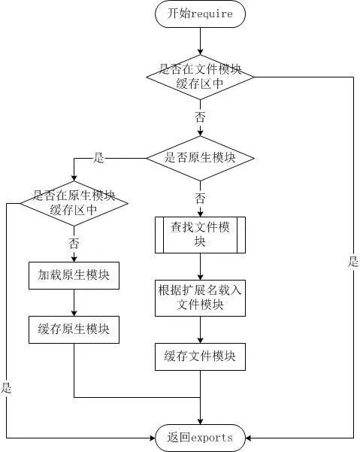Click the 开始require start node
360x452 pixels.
tap(200, 14)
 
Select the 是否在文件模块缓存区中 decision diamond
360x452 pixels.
tap(200, 76)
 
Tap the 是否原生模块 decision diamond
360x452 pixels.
tap(200, 158)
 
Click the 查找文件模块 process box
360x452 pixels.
tap(200, 235)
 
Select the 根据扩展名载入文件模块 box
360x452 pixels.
tap(200, 297)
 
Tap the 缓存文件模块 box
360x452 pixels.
tap(200, 356)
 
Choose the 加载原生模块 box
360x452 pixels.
tap(74, 275)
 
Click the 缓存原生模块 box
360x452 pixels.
tap(74, 329)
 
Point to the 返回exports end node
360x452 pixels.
tap(200, 437)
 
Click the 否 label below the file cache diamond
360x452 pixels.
tap(200, 118)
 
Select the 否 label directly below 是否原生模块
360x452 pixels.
tap(200, 199)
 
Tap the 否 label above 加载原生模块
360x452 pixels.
tap(74, 243)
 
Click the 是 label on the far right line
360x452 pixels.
tap(353, 262)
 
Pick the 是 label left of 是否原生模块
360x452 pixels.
tap(98, 159)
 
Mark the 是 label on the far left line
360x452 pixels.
tap(7, 388)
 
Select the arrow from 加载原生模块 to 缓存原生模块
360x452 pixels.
tap(74, 302)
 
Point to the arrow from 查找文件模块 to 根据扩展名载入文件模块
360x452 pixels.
tap(200, 268)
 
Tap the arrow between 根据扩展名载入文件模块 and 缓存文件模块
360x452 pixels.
tap(200, 329)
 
